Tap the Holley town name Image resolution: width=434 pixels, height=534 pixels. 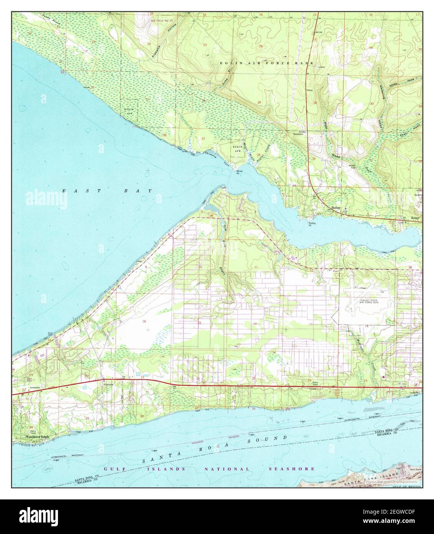(336, 207)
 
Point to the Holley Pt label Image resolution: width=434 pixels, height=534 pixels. (312, 224)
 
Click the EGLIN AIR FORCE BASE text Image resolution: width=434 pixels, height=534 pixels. (267, 63)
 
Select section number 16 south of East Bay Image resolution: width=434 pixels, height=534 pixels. (144, 321)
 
